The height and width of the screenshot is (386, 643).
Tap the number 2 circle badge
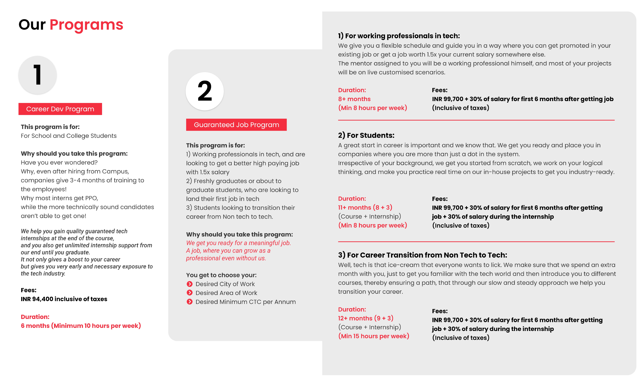coord(205,91)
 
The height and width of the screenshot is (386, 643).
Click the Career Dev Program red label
coord(60,109)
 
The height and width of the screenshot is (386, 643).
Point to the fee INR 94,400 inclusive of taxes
coord(64,299)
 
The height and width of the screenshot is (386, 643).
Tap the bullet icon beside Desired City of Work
coord(190,284)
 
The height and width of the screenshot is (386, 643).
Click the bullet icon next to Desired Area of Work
coord(190,293)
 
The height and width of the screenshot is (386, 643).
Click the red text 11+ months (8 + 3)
coord(365,208)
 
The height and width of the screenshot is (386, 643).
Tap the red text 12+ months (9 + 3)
coord(365,318)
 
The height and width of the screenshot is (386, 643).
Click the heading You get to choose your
coord(221,275)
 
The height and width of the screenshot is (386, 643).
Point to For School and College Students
coord(69,136)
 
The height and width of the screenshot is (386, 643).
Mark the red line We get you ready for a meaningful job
coord(238,243)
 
